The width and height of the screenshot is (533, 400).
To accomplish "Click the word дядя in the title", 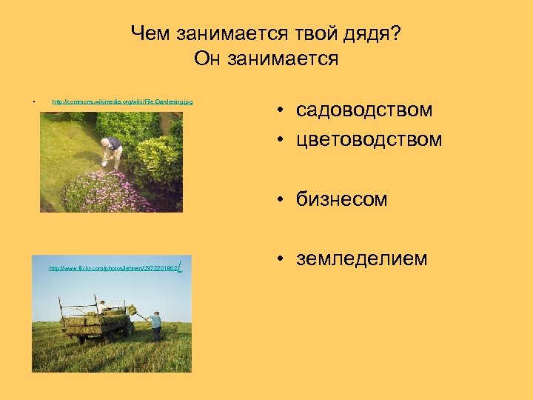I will [368, 34].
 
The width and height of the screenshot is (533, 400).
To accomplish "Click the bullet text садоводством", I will [364, 110].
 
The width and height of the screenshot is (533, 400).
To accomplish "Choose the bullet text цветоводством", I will [369, 139].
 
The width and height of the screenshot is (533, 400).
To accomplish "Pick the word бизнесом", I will [341, 199].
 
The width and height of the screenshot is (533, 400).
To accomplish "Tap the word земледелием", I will [361, 259].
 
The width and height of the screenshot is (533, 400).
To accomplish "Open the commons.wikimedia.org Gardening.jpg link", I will [122, 101].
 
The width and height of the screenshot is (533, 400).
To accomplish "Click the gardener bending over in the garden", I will [112, 150].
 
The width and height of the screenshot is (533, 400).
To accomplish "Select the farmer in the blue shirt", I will [155, 324].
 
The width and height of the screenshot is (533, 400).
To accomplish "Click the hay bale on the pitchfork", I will [132, 310].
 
